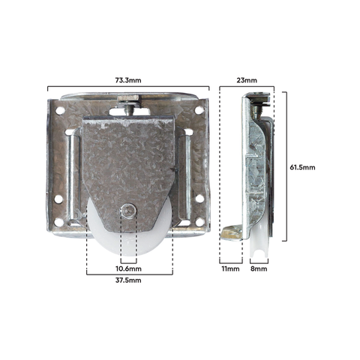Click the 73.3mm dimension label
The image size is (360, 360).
tap(128, 80)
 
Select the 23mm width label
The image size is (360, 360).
tap(247, 80)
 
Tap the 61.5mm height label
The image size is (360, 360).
tap(302, 167)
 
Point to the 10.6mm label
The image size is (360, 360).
tap(128, 268)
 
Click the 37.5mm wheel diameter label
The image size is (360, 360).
tap(128, 280)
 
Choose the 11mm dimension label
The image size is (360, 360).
tap(230, 268)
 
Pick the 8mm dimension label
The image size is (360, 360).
tap(259, 268)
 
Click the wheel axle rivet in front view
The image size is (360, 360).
tap(128, 211)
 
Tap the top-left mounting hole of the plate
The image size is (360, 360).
tap(60, 110)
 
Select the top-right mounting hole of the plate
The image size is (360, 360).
tap(199, 110)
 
